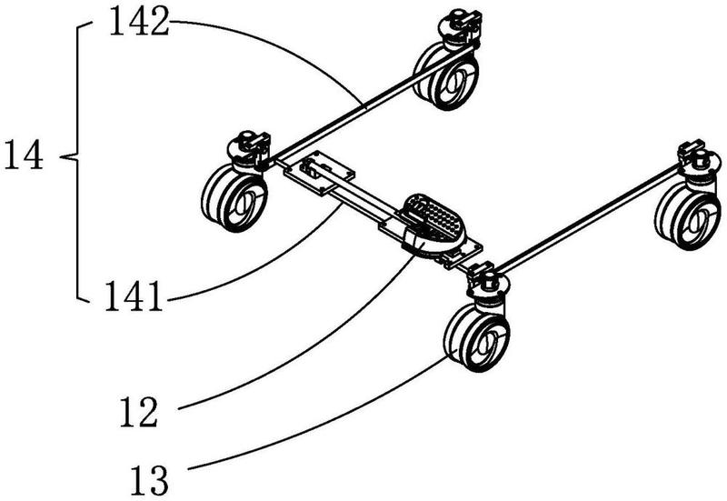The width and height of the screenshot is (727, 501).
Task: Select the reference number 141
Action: coord(134,296)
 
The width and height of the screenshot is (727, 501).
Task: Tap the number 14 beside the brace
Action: coord(24,155)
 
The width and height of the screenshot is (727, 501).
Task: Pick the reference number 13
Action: coord(149,481)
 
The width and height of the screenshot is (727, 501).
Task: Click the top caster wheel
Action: coord(446,75)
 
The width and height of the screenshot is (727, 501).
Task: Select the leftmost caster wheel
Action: coord(234,197)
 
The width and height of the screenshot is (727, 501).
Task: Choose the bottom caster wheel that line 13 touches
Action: coord(477,337)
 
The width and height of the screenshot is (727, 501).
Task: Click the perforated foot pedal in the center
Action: coord(433,223)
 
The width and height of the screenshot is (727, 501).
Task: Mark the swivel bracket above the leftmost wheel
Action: coord(248,151)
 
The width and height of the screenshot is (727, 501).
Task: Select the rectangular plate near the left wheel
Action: coord(320,175)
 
